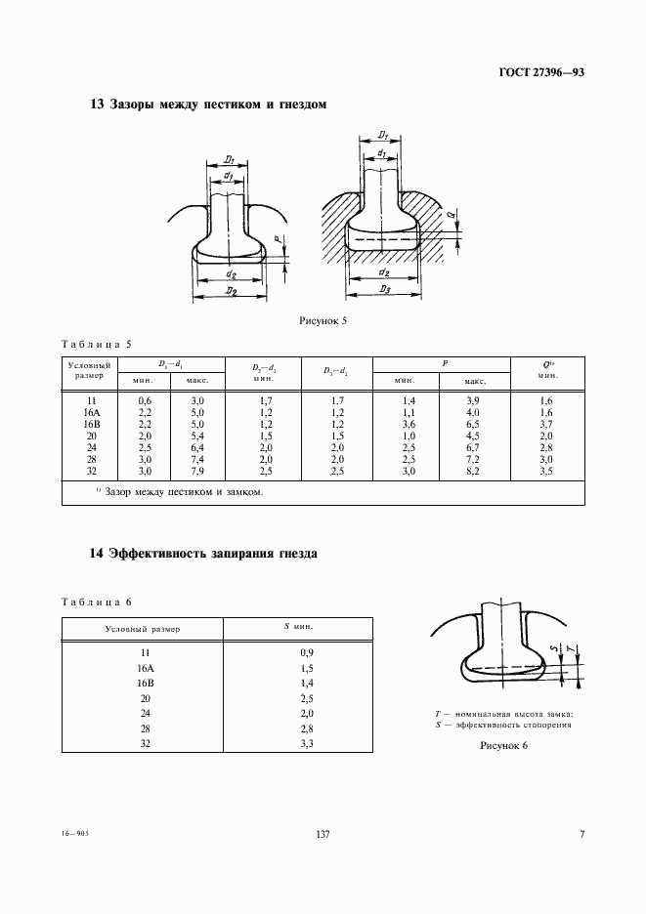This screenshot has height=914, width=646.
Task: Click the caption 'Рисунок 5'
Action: point(323,320)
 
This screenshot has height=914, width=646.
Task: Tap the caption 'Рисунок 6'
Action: point(503,746)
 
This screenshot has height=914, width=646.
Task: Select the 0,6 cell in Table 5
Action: point(145,401)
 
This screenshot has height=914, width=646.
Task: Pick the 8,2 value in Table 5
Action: point(475,471)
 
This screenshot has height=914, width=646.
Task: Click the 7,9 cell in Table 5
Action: point(197,471)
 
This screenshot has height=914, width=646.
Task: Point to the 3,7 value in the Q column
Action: point(548,425)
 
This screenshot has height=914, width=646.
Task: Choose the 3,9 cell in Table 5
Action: point(475,401)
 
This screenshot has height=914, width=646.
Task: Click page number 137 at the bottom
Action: point(323,834)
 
